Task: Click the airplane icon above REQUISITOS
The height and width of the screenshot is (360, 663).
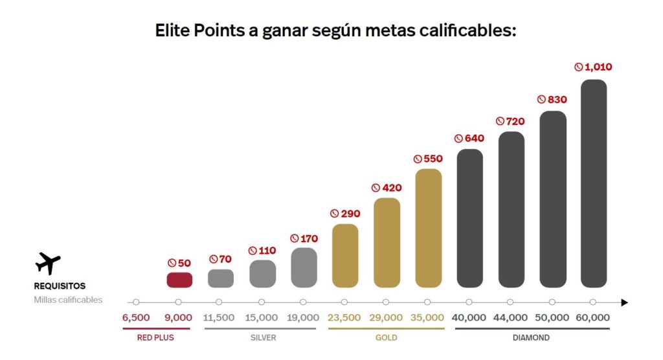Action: (x=48, y=264)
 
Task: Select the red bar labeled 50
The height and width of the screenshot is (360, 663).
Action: (x=179, y=280)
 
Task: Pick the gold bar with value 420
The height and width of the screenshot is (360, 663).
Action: (x=387, y=243)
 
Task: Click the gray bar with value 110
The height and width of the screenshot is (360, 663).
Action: (x=262, y=273)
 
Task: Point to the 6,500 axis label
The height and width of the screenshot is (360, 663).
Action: (x=136, y=318)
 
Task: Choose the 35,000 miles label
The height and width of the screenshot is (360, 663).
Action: (x=427, y=318)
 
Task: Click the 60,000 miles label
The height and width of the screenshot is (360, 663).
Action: (x=593, y=318)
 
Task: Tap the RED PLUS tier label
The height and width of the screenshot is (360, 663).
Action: (x=155, y=338)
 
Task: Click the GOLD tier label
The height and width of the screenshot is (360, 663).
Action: (x=387, y=338)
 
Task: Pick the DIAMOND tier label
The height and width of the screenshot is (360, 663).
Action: (x=531, y=338)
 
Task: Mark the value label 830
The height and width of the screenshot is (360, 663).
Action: (x=552, y=100)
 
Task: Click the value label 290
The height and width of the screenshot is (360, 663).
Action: (x=345, y=214)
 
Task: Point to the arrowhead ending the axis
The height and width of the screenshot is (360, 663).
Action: (x=624, y=302)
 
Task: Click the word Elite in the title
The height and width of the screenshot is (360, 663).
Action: (x=173, y=30)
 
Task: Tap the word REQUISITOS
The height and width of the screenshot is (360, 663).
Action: (x=60, y=286)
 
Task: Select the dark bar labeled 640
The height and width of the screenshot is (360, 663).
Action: (x=469, y=218)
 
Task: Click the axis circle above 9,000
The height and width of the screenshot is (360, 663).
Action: (x=178, y=302)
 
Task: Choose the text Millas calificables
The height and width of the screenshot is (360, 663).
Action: (x=68, y=300)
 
